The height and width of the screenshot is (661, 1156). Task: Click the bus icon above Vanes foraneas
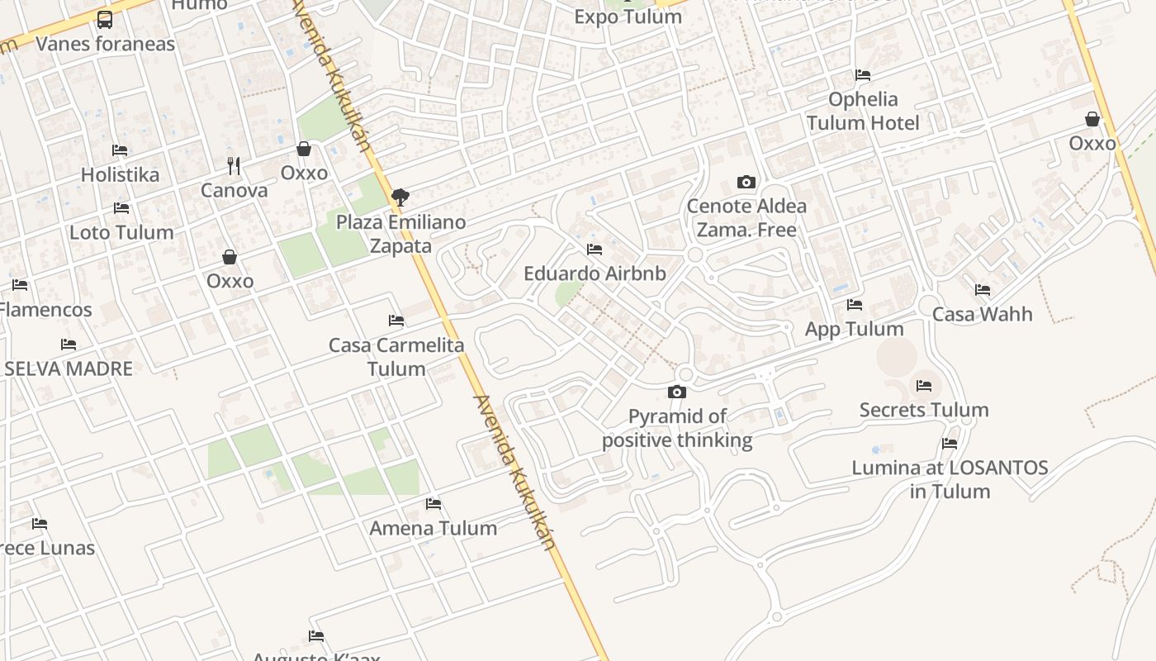(105, 19)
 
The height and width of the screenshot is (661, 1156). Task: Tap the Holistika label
(120, 174)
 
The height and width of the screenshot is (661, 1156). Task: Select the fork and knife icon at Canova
(234, 166)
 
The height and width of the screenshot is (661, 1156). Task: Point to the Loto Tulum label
(121, 232)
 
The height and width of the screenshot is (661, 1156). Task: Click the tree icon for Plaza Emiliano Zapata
(400, 197)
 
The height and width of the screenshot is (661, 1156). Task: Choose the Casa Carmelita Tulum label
(396, 356)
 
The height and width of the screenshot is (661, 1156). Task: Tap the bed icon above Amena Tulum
(433, 503)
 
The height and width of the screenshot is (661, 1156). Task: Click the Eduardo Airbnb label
(595, 273)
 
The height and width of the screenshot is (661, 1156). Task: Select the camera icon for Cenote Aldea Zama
(746, 182)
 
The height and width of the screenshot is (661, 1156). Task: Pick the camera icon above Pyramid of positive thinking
(677, 392)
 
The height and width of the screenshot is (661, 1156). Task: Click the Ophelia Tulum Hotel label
(863, 111)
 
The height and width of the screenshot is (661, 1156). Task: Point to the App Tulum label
(854, 329)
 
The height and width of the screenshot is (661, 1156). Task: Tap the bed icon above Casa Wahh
(982, 290)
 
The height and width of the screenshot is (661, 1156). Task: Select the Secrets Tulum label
(923, 410)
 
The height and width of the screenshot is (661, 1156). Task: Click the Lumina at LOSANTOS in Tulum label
(950, 479)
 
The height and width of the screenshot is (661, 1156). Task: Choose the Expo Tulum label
(628, 17)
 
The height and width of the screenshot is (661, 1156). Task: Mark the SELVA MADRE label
(69, 369)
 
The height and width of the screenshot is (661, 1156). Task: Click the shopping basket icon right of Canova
(304, 149)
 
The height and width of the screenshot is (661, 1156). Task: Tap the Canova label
(235, 191)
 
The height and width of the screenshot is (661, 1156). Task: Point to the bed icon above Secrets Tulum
(923, 385)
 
